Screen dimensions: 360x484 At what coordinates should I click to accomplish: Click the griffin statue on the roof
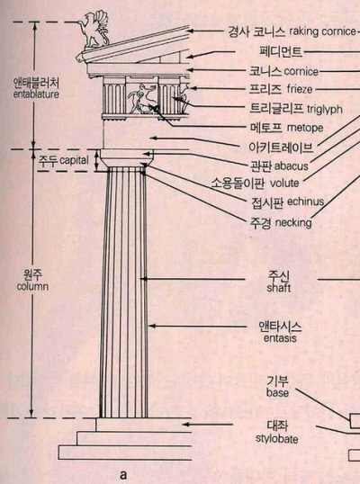94,30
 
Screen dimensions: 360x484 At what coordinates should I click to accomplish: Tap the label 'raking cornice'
322,31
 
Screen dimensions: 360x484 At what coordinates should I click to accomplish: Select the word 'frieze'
300,89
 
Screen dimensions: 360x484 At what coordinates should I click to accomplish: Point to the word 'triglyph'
325,109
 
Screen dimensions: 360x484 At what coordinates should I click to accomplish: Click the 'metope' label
305,128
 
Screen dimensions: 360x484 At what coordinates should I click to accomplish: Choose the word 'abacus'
291,166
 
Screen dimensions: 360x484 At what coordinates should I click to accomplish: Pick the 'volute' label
284,183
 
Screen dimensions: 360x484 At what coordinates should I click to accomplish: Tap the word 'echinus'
305,202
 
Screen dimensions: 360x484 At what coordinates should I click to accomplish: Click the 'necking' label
293,222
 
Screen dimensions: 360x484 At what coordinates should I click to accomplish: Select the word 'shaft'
279,288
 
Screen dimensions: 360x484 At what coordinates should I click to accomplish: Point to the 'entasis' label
280,338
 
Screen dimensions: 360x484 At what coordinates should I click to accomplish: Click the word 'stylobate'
277,439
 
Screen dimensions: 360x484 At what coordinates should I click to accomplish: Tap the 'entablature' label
36,94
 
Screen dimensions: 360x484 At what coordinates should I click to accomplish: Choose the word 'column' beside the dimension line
32,286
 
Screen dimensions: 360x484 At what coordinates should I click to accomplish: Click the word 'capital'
74,160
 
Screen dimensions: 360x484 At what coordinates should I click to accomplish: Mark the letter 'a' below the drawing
123,474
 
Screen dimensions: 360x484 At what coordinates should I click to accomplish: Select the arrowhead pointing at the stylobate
185,425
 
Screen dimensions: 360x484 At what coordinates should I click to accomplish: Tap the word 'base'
277,393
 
